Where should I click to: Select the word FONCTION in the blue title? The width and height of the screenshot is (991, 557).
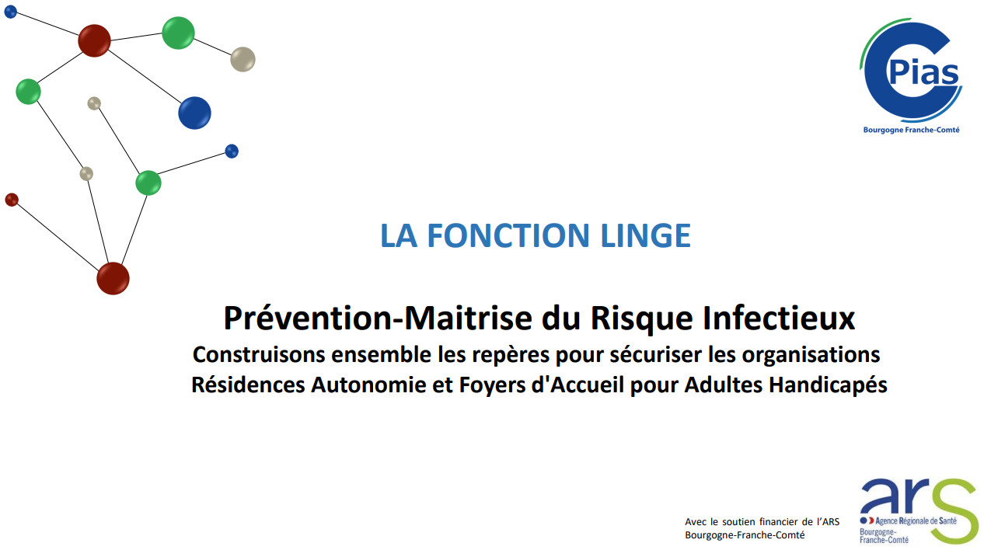tap(508, 235)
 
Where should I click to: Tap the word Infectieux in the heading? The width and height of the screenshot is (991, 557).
tap(779, 319)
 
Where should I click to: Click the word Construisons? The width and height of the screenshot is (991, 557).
tap(259, 354)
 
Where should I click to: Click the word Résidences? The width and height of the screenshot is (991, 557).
tap(248, 385)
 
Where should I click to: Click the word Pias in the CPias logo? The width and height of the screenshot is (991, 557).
tap(923, 72)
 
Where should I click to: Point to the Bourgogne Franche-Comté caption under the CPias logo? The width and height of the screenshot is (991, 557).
tap(912, 130)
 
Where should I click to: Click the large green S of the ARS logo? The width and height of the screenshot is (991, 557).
tap(954, 511)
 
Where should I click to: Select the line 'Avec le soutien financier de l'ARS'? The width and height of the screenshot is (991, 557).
tap(762, 522)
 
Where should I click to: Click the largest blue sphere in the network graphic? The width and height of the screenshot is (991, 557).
tap(194, 113)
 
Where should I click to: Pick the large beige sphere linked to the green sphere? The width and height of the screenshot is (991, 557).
tap(243, 59)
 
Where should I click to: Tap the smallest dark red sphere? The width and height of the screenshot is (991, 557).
tap(12, 200)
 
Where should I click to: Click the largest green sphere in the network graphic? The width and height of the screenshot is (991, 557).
tap(178, 33)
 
